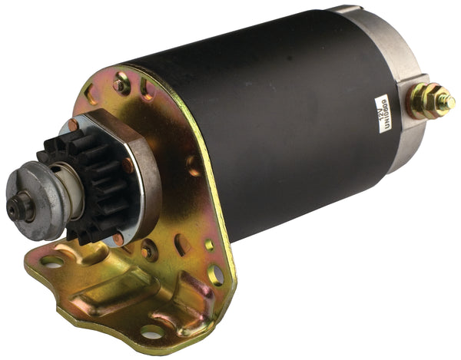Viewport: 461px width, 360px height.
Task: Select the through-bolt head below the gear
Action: pos(148,249)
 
